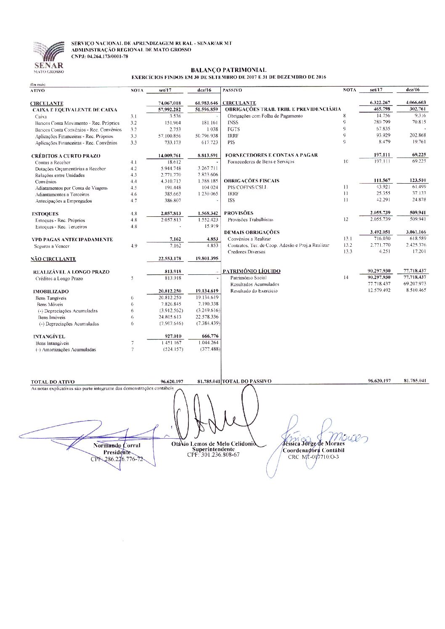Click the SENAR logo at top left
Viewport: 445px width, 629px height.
[x=49, y=57]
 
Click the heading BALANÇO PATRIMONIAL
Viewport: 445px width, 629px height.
[x=228, y=70]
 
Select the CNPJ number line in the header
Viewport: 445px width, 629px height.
[x=99, y=56]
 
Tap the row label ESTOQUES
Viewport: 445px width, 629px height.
[x=45, y=214]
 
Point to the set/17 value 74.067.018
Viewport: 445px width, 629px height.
[x=170, y=103]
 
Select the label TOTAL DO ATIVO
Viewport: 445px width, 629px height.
[x=53, y=382]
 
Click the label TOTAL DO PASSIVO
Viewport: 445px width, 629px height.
[x=246, y=382]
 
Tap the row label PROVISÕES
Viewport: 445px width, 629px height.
[x=238, y=213]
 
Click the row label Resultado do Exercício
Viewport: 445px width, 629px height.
[x=254, y=291]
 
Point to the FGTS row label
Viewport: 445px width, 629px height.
[x=233, y=129]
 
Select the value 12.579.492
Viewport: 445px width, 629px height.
[x=379, y=290]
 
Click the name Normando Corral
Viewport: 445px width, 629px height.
[x=117, y=445]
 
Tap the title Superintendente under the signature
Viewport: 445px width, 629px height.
[x=213, y=449]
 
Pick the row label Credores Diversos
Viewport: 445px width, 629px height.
[x=246, y=252]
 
